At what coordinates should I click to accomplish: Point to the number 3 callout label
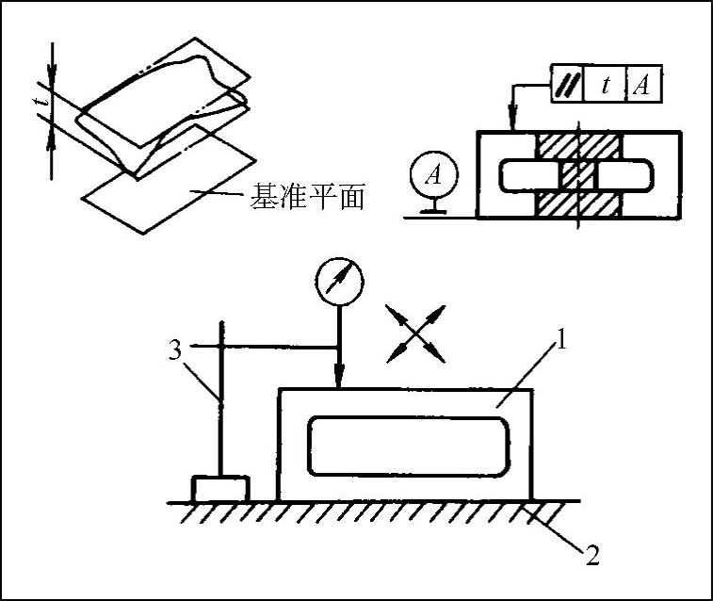tap(174, 351)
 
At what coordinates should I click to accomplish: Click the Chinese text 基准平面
tap(305, 198)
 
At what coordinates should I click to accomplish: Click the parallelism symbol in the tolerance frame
tap(567, 86)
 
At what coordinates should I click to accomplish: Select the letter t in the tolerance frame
tap(606, 86)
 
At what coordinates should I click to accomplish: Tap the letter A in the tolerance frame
tap(641, 86)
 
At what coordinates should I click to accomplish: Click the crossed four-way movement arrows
tap(415, 333)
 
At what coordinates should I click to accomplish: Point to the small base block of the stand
tap(219, 490)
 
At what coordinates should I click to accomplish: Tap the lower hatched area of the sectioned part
tap(576, 203)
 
